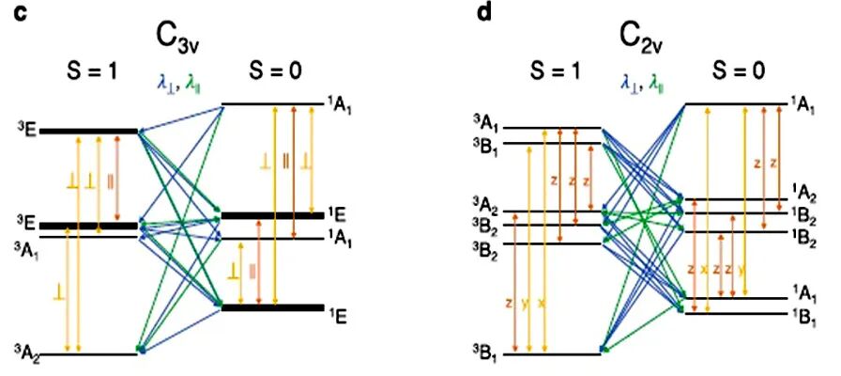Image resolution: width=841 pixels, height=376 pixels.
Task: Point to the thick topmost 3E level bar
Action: coord(89,131)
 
